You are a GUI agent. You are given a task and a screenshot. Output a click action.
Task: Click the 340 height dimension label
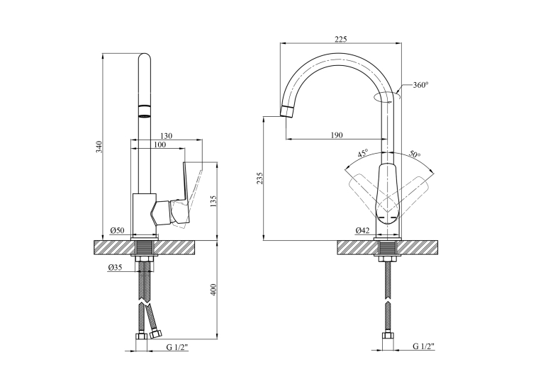pyautogui.click(x=99, y=147)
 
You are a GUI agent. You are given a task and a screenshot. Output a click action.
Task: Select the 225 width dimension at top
pyautogui.click(x=340, y=39)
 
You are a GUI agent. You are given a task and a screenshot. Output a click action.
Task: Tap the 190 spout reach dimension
pyautogui.click(x=336, y=135)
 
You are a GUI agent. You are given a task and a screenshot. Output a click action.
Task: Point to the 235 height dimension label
pyautogui.click(x=260, y=178)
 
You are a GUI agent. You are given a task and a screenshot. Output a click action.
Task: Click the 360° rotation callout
pyautogui.click(x=421, y=85)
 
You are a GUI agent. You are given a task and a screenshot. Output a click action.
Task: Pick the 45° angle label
pyautogui.click(x=363, y=154)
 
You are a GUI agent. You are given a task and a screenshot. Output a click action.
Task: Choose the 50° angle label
pyautogui.click(x=415, y=154)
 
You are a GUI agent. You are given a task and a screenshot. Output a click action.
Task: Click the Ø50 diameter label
pyautogui.click(x=118, y=230)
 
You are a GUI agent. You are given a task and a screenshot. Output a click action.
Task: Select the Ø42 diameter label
pyautogui.click(x=362, y=230)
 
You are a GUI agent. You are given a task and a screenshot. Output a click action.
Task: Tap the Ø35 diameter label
pyautogui.click(x=115, y=267)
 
